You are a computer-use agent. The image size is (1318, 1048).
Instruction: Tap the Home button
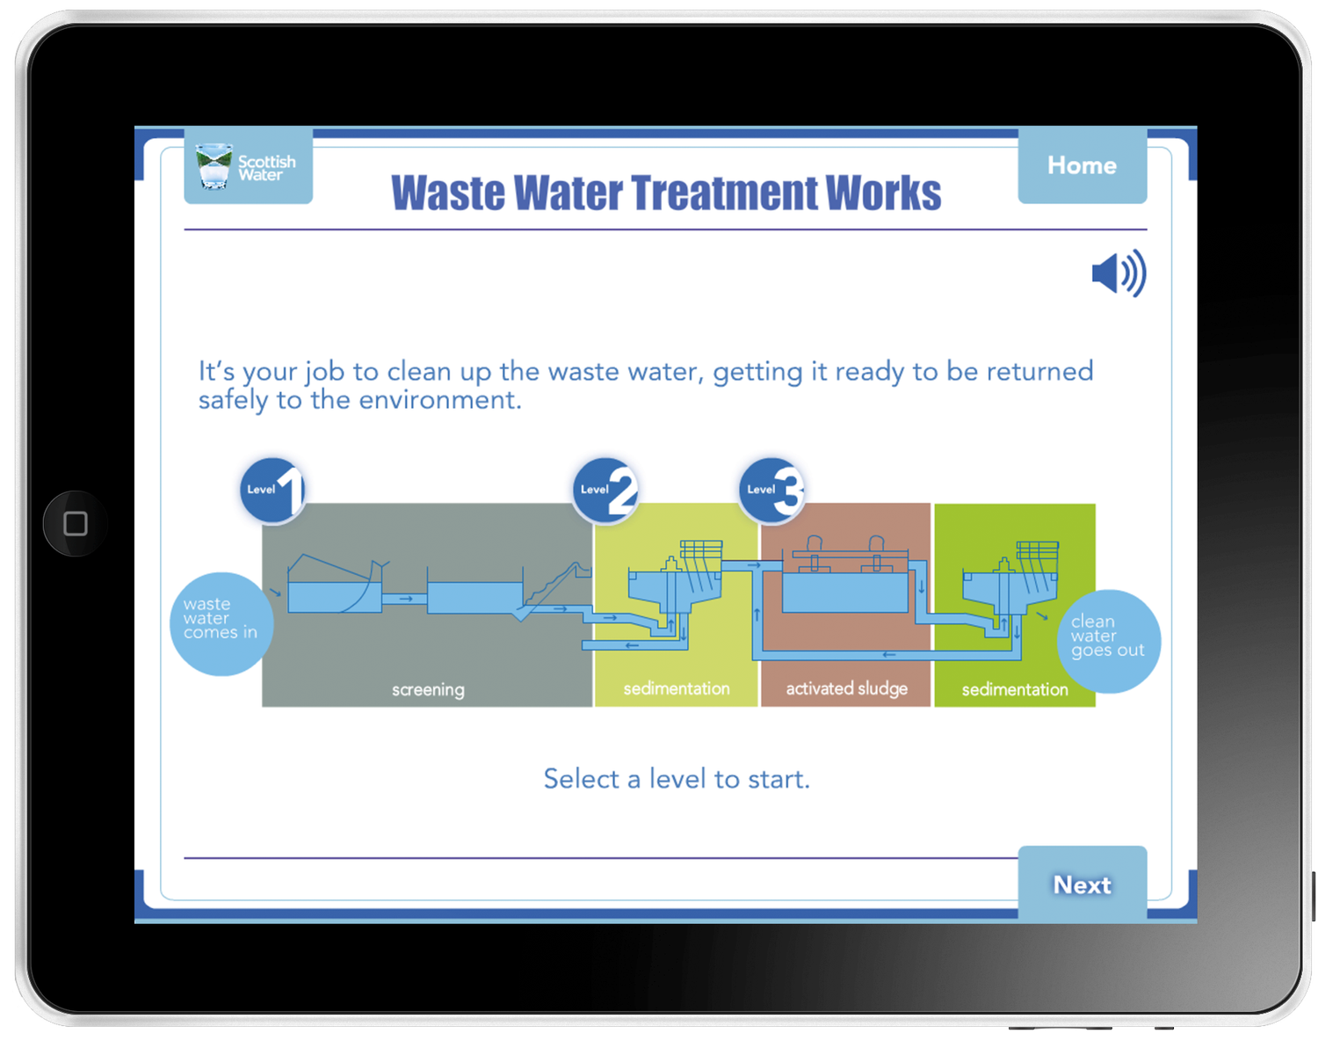[x=1082, y=166]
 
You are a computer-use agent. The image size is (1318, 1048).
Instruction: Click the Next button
[x=1082, y=884]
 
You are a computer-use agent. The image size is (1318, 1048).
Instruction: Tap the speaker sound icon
[x=1118, y=273]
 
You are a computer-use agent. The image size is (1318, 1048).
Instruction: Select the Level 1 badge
[x=273, y=490]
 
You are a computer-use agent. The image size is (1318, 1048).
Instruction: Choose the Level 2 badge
[x=606, y=490]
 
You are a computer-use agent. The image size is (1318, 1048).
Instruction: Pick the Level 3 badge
[x=772, y=490]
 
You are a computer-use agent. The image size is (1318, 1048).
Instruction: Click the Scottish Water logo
[x=248, y=166]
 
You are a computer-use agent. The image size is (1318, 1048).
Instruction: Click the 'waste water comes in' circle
[x=221, y=623]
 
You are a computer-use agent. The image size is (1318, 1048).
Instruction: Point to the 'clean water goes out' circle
[x=1108, y=641]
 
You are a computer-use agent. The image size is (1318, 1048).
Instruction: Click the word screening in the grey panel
[x=428, y=690]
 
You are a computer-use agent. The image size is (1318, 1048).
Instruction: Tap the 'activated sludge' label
[x=846, y=688]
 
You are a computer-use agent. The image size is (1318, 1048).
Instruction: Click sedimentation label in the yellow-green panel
[x=677, y=688]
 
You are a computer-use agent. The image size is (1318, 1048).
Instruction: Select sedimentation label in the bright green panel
[x=1015, y=689]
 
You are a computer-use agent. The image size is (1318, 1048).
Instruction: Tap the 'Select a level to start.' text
[x=677, y=779]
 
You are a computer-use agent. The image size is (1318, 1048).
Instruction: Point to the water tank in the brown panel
[x=844, y=592]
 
